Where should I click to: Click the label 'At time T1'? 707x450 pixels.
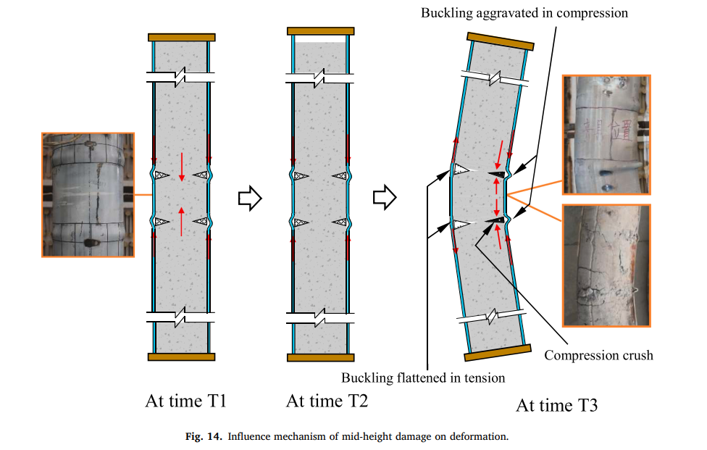click(x=185, y=400)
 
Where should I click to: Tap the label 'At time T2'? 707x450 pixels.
click(x=327, y=400)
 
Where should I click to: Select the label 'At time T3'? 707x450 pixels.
click(x=556, y=404)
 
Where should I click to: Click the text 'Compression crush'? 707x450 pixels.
click(x=598, y=355)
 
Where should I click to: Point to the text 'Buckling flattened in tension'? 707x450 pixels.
click(x=423, y=378)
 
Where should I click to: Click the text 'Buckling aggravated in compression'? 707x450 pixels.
click(x=524, y=13)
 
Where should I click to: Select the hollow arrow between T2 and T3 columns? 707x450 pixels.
click(x=384, y=196)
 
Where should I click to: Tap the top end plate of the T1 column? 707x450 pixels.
click(x=182, y=37)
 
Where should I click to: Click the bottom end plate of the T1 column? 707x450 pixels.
click(x=182, y=357)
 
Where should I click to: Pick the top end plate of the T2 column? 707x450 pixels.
click(x=321, y=31)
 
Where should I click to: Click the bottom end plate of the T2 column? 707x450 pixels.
click(x=321, y=357)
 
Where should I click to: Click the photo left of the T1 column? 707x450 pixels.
click(x=88, y=194)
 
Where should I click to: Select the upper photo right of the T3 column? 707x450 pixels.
click(x=606, y=135)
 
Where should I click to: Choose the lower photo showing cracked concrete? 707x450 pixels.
click(x=606, y=264)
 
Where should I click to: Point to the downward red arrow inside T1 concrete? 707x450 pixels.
click(x=182, y=167)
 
